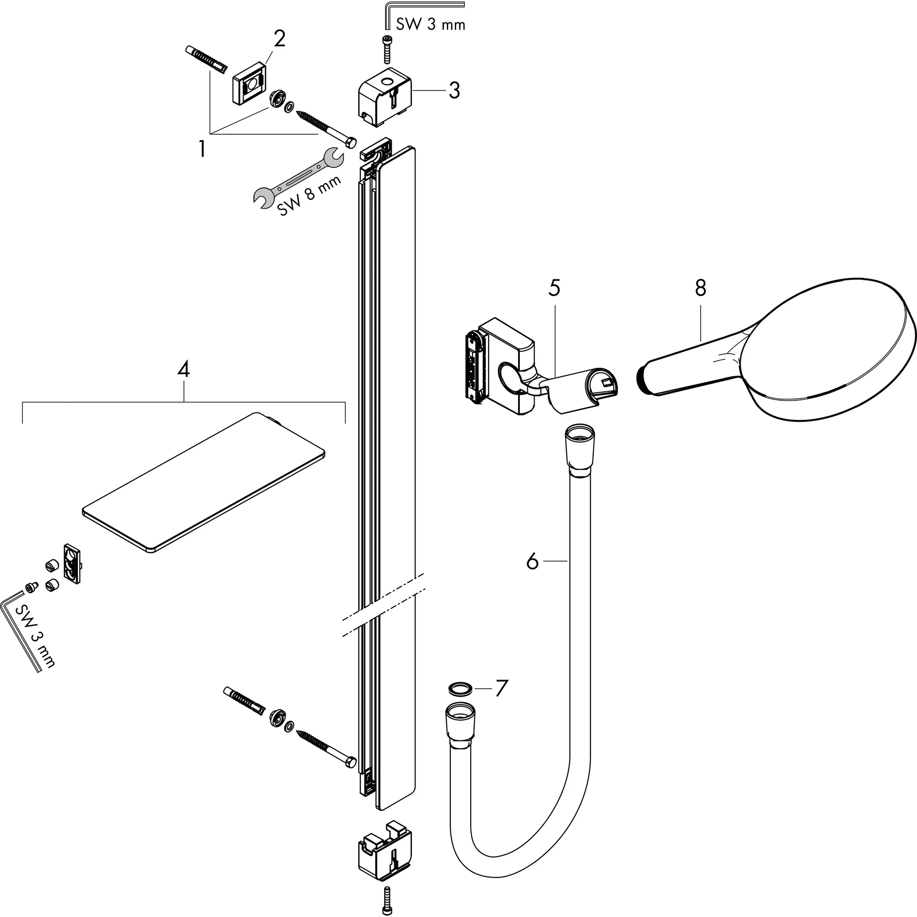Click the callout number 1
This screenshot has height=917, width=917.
click(203, 150)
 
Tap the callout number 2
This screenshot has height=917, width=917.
click(279, 39)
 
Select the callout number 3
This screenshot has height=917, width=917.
click(454, 90)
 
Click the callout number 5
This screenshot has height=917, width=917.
click(554, 288)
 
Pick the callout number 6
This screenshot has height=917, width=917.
click(532, 562)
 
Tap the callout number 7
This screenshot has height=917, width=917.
click(501, 688)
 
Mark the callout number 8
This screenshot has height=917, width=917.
click(701, 288)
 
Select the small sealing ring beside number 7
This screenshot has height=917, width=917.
click(460, 688)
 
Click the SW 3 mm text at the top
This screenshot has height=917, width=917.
click(430, 25)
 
